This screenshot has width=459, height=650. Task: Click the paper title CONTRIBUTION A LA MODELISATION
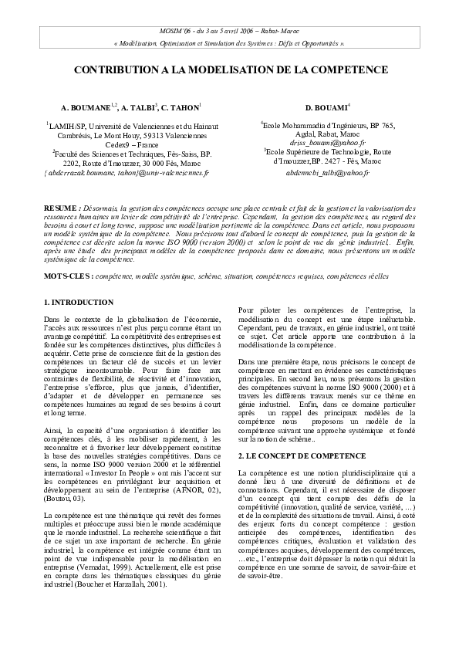[231, 69]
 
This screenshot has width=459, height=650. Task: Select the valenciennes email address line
[126, 173]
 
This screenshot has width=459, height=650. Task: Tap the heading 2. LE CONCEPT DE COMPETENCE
[291, 457]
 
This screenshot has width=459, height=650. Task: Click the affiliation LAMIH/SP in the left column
[71, 124]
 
